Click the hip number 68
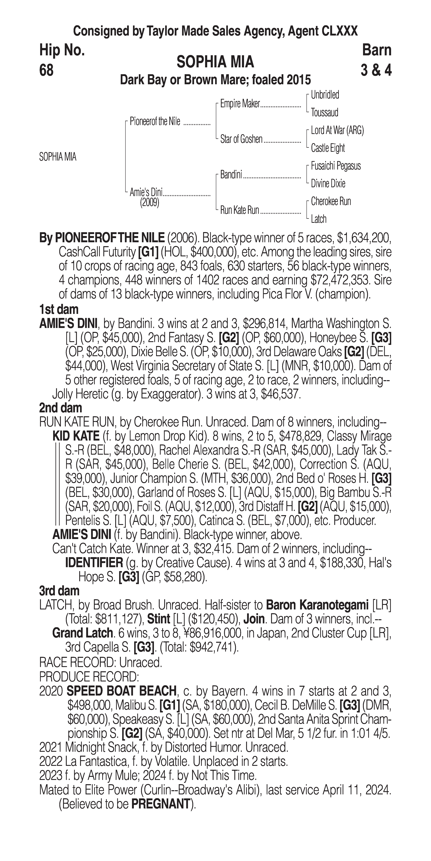(46, 71)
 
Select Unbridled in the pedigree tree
(325, 95)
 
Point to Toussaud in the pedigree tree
(324, 113)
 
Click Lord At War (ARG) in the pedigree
(337, 130)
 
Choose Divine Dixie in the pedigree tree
(328, 183)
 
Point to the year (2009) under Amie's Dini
(149, 203)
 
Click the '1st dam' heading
(59, 309)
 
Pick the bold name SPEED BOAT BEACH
(122, 691)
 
